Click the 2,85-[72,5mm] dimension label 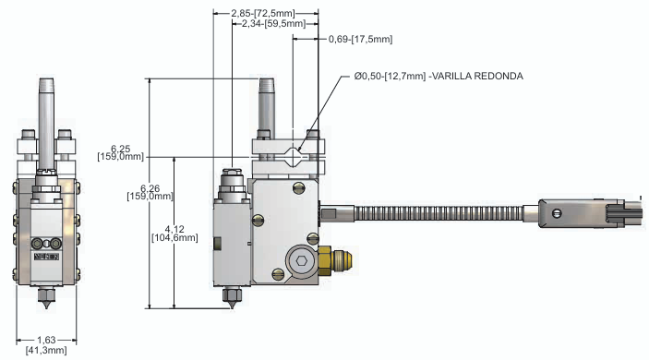[263, 13]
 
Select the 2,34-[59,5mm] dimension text [273, 24]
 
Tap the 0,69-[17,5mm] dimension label [361, 39]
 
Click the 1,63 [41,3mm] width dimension [46, 345]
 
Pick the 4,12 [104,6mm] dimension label [174, 234]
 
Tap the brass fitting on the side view [335, 260]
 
